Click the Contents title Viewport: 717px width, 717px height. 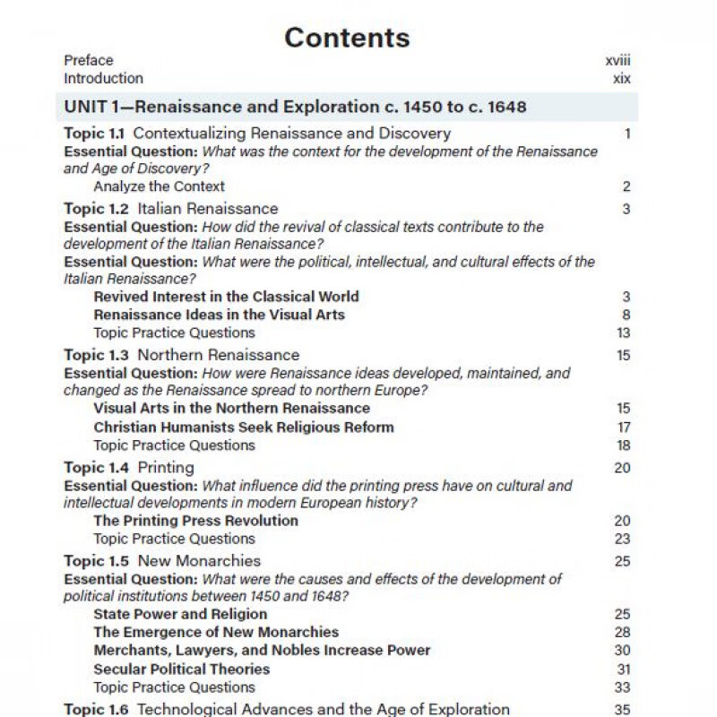(347, 38)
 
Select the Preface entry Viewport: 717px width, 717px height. (89, 61)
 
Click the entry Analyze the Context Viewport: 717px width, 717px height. (159, 186)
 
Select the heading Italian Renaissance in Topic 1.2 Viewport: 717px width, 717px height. (207, 209)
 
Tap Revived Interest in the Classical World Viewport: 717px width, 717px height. (226, 297)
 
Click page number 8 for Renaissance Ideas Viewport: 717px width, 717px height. (626, 315)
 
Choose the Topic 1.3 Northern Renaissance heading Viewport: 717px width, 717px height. (181, 355)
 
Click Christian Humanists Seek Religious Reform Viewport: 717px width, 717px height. (243, 428)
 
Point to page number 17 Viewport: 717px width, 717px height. (624, 428)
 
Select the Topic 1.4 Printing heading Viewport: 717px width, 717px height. (129, 468)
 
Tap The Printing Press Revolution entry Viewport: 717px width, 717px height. (195, 521)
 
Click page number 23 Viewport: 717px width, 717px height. (622, 539)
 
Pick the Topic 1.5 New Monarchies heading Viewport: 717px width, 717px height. (162, 561)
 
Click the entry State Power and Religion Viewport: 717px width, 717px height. (180, 615)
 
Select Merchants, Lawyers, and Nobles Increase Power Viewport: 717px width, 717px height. (262, 651)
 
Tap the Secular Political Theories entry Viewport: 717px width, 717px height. (181, 669)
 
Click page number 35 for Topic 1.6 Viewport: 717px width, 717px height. (622, 710)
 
